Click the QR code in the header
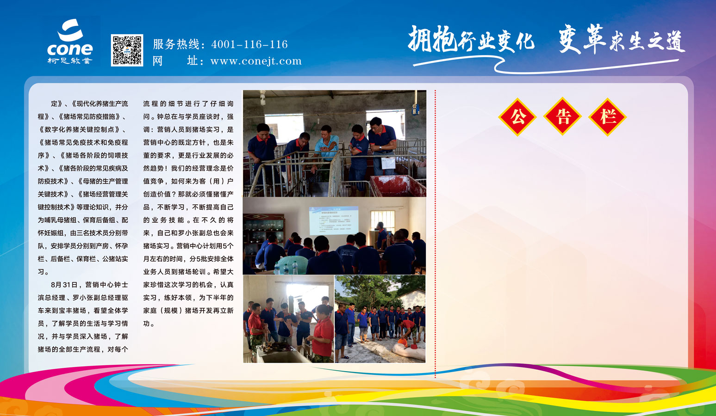coord(127,50)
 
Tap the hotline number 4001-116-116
coord(249,44)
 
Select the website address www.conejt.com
coord(255,61)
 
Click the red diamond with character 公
coord(517,117)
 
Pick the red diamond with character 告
coord(562,117)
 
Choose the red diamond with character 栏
coord(607,117)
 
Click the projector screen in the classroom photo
coord(333,220)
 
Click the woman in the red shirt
coord(323,334)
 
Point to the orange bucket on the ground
coord(402,343)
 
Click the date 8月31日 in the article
coord(63,284)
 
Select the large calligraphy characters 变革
coord(582,39)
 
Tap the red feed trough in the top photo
coord(398,185)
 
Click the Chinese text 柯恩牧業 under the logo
coord(70,61)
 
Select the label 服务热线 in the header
coord(176,44)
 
